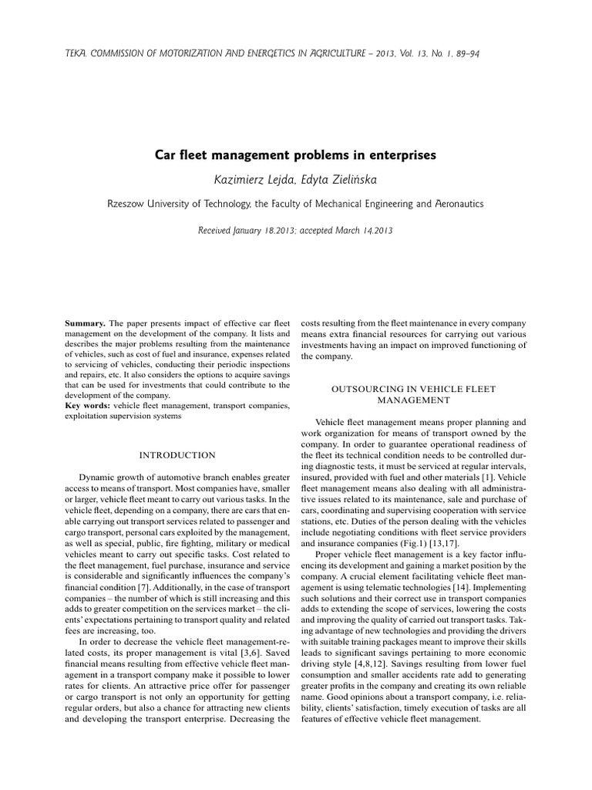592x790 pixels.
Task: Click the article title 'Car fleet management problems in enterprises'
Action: (296, 155)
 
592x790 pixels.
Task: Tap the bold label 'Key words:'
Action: (87, 405)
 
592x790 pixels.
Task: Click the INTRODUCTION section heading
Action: (177, 455)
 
